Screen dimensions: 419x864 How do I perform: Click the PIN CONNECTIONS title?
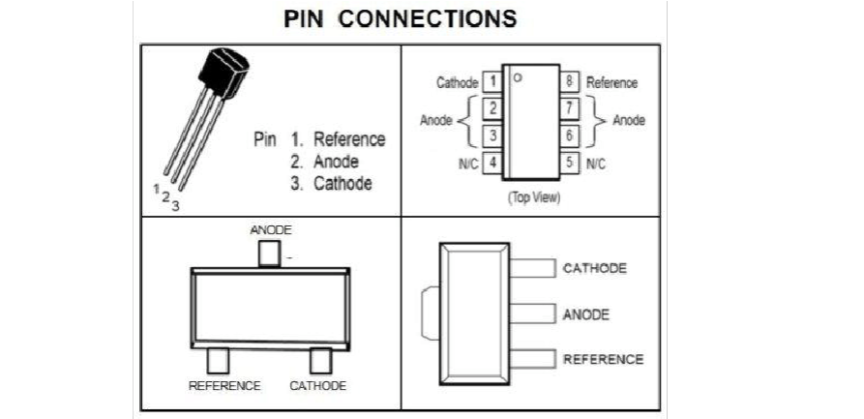(x=400, y=19)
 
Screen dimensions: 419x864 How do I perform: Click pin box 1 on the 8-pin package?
(x=492, y=82)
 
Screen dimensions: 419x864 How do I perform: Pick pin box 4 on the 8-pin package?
(x=492, y=163)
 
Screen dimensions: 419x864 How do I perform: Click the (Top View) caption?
(x=532, y=196)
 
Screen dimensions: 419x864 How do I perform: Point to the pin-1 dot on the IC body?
(x=519, y=77)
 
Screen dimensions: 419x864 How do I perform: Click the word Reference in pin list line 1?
(x=349, y=139)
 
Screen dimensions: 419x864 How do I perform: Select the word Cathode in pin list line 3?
(x=343, y=183)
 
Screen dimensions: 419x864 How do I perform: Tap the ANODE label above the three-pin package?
(x=271, y=230)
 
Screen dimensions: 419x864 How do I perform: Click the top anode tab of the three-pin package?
(x=269, y=254)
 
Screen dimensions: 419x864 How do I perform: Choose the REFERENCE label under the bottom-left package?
(x=224, y=385)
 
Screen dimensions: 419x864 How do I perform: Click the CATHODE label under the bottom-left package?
(x=317, y=385)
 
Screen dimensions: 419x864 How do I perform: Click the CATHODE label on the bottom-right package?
(x=595, y=268)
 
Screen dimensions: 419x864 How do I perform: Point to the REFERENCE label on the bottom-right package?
(x=603, y=359)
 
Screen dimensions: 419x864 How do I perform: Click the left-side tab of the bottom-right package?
(x=432, y=314)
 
